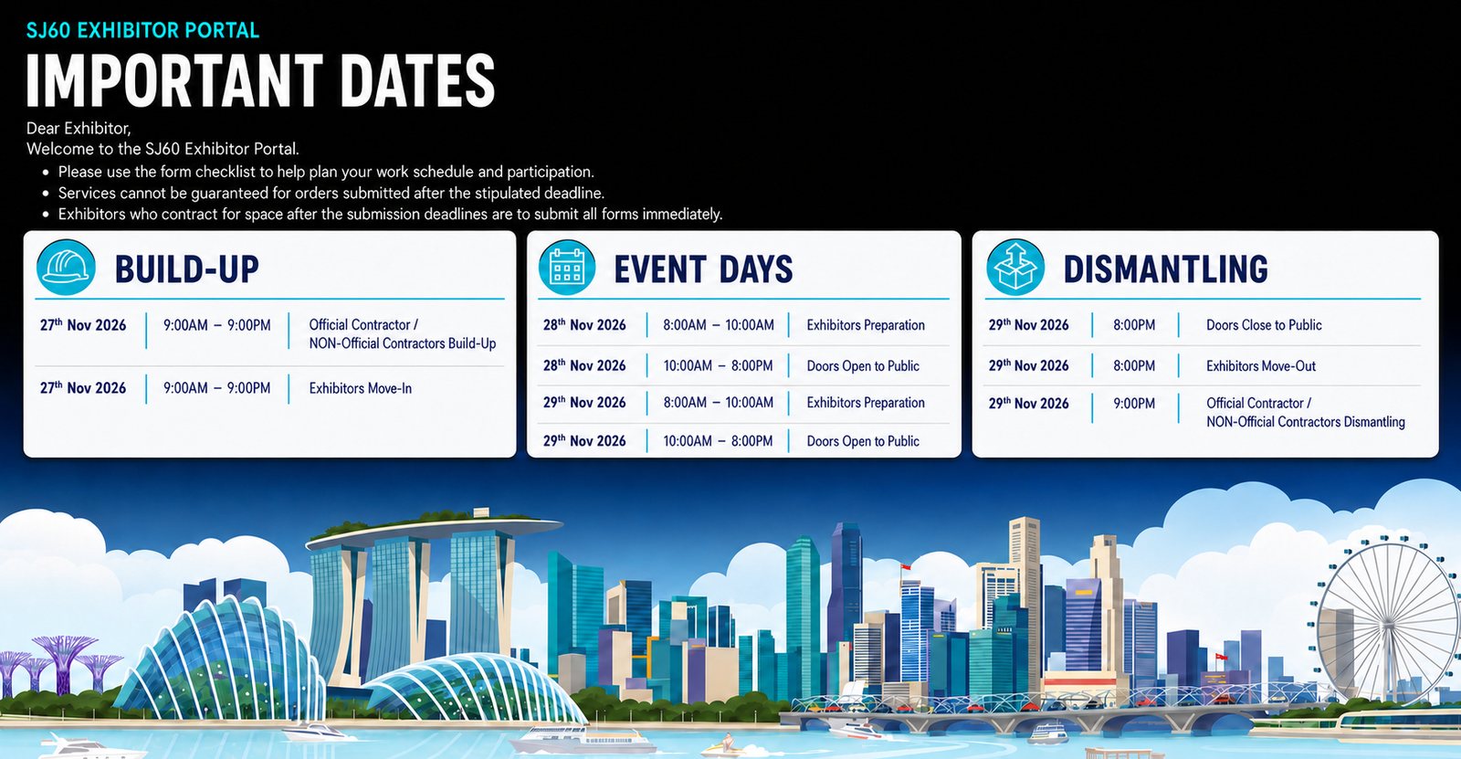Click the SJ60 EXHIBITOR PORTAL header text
142,31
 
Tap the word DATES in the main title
418,80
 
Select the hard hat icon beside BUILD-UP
66,268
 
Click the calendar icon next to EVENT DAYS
567,268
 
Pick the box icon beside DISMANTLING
1014,268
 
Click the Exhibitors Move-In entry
360,388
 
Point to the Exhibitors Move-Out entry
1261,366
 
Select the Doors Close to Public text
1264,325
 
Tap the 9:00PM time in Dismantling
1134,404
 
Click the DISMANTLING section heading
1165,269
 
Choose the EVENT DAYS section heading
703,269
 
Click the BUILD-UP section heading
187,269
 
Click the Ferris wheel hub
1388,626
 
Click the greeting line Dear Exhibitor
79,128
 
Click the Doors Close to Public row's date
1028,324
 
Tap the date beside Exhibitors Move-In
83,387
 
